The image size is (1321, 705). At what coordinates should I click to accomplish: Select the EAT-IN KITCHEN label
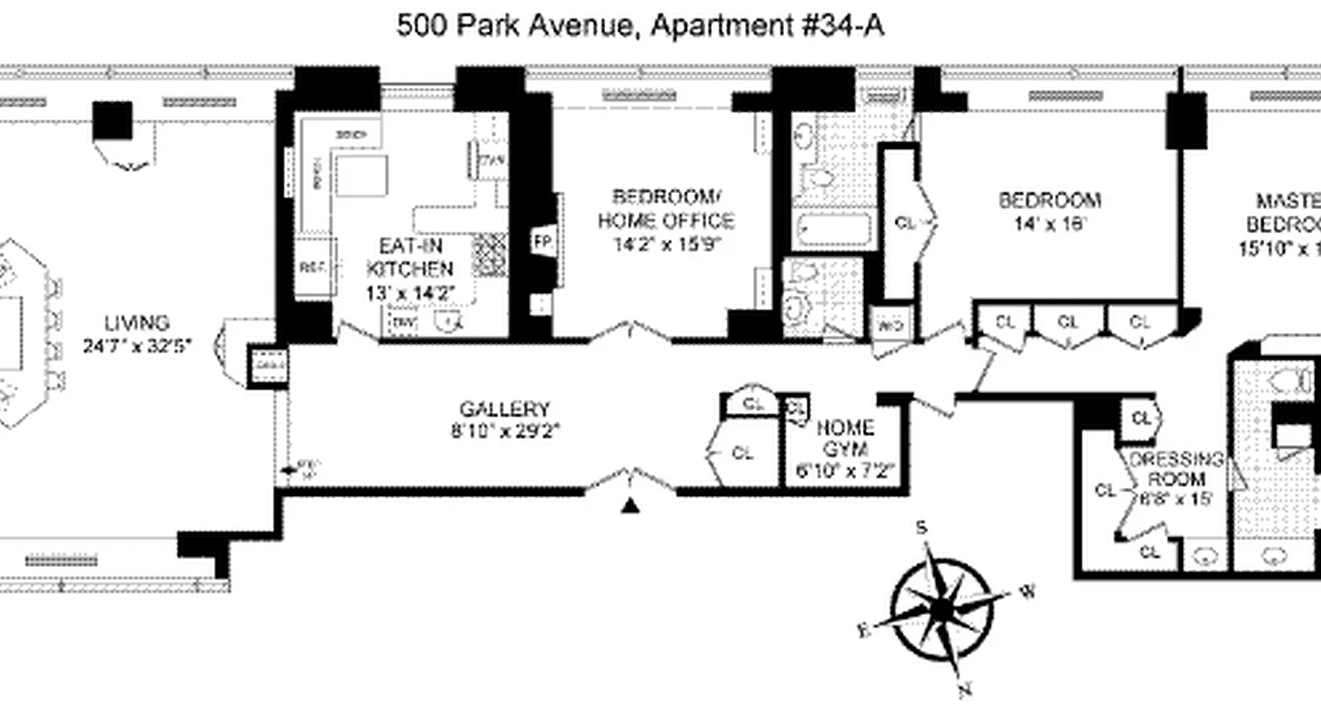(x=410, y=256)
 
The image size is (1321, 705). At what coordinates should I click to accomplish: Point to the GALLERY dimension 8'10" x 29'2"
(x=505, y=430)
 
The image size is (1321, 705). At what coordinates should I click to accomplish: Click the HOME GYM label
(x=845, y=438)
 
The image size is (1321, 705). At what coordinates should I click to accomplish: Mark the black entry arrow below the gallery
(x=631, y=505)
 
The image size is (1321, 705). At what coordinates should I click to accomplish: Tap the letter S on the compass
(x=922, y=528)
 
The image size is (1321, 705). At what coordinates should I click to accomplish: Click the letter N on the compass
(x=965, y=688)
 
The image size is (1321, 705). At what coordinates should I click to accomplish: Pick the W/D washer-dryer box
(x=890, y=324)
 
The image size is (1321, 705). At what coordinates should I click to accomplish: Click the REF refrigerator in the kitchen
(x=312, y=267)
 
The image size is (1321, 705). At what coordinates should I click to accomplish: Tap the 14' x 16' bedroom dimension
(x=1049, y=224)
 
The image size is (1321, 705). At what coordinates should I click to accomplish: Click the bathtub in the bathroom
(x=831, y=229)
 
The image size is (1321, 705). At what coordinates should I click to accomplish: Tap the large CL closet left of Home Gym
(x=742, y=453)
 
